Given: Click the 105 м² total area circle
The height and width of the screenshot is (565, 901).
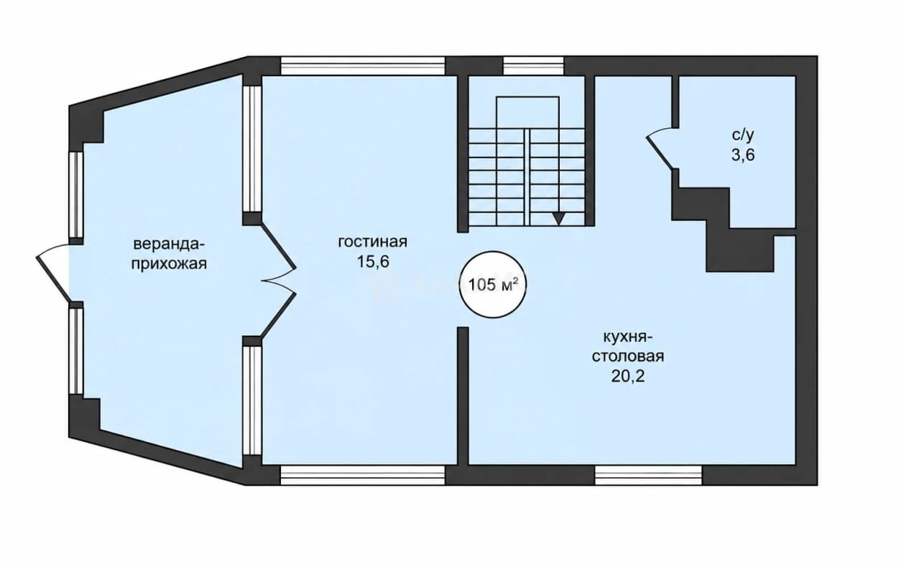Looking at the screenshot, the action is pyautogui.click(x=493, y=285).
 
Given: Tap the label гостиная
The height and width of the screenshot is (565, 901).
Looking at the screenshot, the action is pyautogui.click(x=373, y=242).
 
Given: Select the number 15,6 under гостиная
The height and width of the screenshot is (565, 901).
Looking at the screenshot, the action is pyautogui.click(x=374, y=262).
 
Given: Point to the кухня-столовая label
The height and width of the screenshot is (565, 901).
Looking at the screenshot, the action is pyautogui.click(x=628, y=346).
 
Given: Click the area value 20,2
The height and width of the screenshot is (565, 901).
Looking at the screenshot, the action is pyautogui.click(x=628, y=376).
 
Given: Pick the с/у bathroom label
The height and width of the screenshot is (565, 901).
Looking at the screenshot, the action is pyautogui.click(x=742, y=135).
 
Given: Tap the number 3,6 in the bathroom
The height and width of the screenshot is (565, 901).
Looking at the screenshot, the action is pyautogui.click(x=743, y=155).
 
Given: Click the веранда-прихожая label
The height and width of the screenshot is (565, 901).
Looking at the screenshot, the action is pyautogui.click(x=169, y=254).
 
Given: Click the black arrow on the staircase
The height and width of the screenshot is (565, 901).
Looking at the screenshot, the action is pyautogui.click(x=558, y=219).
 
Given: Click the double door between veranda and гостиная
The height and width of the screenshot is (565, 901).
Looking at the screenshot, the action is pyautogui.click(x=278, y=280).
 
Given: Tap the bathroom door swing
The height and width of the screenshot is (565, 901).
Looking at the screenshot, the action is pyautogui.click(x=660, y=148).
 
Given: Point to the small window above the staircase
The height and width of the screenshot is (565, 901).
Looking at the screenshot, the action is pyautogui.click(x=533, y=66).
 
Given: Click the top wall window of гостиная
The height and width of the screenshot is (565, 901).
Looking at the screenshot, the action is pyautogui.click(x=363, y=66).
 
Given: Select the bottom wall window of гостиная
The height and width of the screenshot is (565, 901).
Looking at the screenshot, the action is pyautogui.click(x=363, y=475).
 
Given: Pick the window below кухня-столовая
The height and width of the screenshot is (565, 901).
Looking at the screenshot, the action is pyautogui.click(x=648, y=475).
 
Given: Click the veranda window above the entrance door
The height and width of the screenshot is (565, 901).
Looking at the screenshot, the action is pyautogui.click(x=76, y=195).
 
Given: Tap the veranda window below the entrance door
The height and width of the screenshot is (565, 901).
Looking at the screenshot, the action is pyautogui.click(x=76, y=351).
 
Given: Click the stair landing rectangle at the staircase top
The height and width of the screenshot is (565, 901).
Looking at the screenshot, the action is pyautogui.click(x=527, y=113).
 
